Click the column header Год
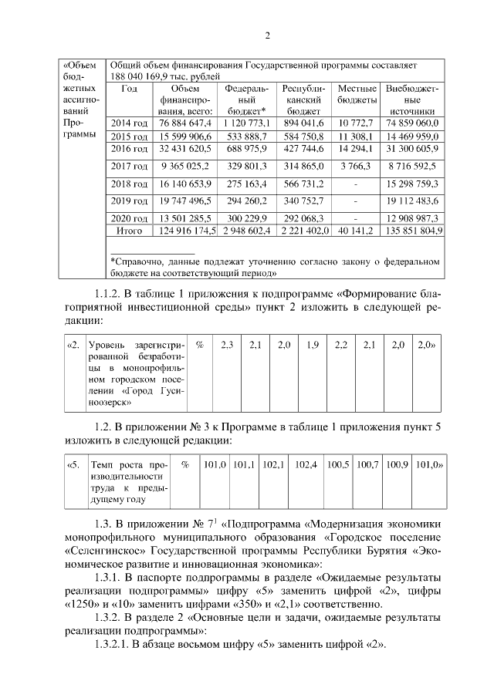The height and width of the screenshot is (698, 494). point(129,89)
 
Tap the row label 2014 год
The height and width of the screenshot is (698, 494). point(129,123)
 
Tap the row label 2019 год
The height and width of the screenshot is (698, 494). point(129,202)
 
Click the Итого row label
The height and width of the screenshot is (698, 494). point(129,230)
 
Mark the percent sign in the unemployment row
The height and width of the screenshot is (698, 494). point(199,345)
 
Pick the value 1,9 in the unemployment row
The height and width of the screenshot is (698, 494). point(313,345)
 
